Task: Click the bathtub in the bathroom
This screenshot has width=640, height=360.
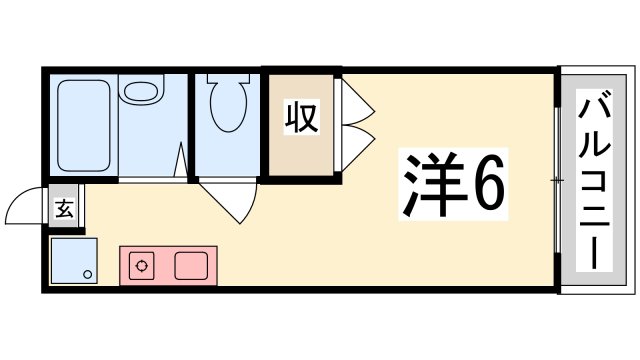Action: pos(85,128)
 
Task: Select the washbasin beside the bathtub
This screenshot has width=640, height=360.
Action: pos(141,95)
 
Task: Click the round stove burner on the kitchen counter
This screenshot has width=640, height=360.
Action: pos(143,266)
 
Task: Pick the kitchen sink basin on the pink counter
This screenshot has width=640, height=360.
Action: pos(189,266)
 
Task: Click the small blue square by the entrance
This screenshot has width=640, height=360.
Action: pos(74,260)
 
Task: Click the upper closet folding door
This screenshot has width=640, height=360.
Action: pos(356,97)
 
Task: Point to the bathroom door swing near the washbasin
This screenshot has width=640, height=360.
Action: pos(180,161)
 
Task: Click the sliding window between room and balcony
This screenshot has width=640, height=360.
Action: pos(557,180)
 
